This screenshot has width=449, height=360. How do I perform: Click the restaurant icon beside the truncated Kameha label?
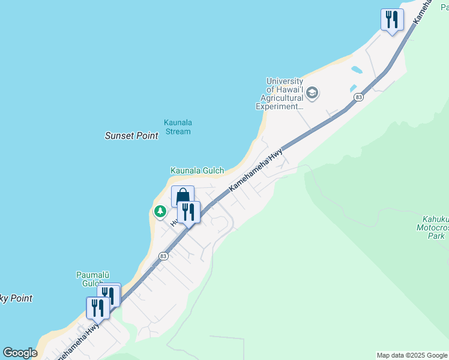pyautogui.click(x=392, y=20)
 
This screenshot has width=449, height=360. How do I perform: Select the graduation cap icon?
pyautogui.click(x=312, y=93)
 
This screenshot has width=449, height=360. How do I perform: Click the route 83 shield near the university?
pyautogui.click(x=358, y=97)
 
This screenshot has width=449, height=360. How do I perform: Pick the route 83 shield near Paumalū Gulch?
pyautogui.click(x=163, y=256)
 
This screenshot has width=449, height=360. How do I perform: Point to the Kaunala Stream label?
pyautogui.click(x=178, y=127)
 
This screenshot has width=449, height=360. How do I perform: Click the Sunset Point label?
pyautogui.click(x=131, y=136)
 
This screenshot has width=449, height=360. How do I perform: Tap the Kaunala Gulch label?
pyautogui.click(x=197, y=171)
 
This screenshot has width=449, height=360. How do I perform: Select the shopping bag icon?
pyautogui.click(x=182, y=196)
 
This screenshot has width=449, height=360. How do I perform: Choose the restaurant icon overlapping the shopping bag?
pyautogui.click(x=188, y=212)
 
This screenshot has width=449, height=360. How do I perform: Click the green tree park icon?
pyautogui.click(x=160, y=211)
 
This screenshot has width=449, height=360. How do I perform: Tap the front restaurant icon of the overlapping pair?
pyautogui.click(x=98, y=308)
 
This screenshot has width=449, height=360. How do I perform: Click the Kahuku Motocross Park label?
pyautogui.click(x=433, y=227)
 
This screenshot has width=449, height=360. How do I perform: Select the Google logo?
pyautogui.click(x=20, y=353)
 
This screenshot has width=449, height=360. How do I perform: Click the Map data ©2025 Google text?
pyautogui.click(x=412, y=355)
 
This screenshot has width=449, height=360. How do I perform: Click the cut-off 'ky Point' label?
pyautogui.click(x=16, y=298)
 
